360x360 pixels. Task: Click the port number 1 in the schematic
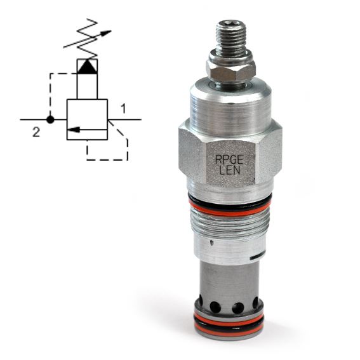[x=124, y=109]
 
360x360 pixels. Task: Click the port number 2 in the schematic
[x=36, y=133]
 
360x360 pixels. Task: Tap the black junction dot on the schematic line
[x=50, y=119]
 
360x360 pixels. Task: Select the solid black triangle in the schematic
[x=87, y=67]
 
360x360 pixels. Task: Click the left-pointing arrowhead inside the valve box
[x=74, y=130]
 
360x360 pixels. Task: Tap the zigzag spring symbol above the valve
[x=87, y=38]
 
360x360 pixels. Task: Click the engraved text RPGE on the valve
[x=229, y=159]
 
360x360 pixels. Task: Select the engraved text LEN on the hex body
[x=230, y=170]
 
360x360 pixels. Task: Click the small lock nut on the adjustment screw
[x=230, y=68]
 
